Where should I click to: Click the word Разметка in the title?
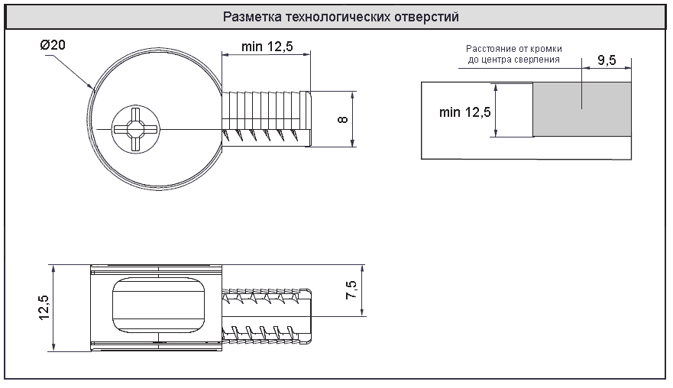pos(248,17)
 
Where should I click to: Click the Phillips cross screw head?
pos(135,130)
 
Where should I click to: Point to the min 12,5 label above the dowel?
pos(267,47)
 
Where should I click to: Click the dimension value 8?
pos(343,119)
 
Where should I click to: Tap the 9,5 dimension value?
pos(607,61)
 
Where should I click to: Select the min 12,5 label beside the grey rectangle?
pos(464,112)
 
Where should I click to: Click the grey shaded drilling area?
pos(582,110)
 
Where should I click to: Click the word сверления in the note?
pos(538,59)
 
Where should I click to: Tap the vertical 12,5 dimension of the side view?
pos(43,309)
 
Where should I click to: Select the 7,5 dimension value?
pos(351,290)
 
